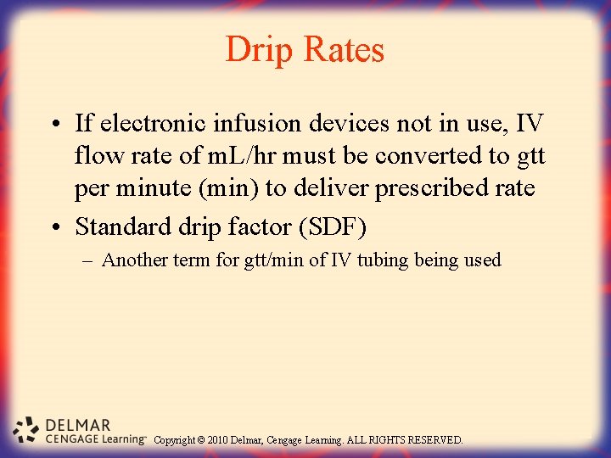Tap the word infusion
[x=245, y=124]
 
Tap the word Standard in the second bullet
[x=115, y=227]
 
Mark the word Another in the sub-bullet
[x=132, y=260]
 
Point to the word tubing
[x=384, y=260]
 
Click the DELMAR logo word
[x=78, y=425]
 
